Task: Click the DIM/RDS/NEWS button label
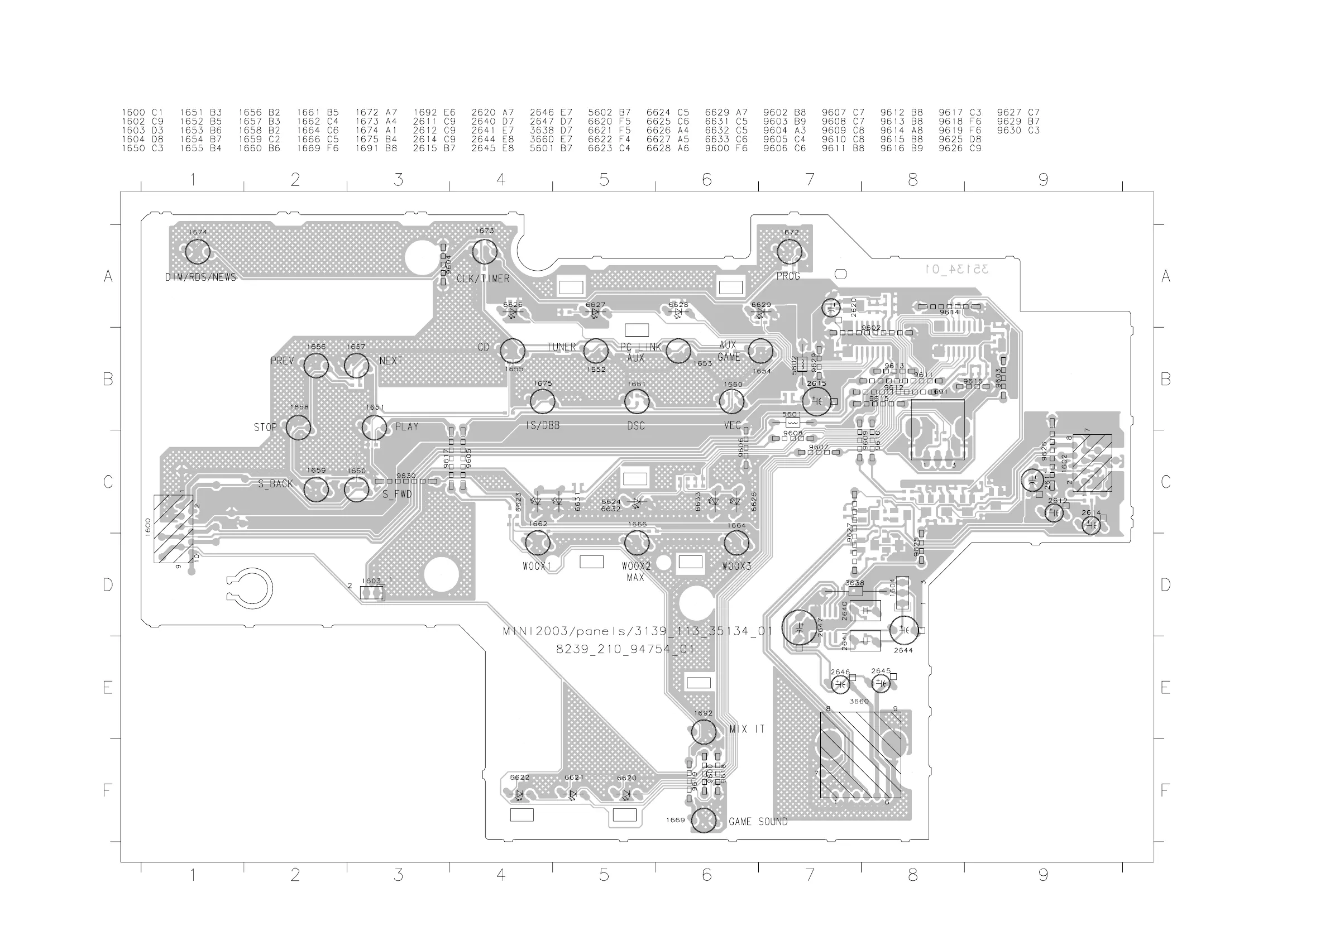[x=200, y=277]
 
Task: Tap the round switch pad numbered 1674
[x=198, y=252]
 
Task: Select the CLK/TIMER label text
[x=482, y=279]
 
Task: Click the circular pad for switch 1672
[x=789, y=252]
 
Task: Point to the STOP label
[x=265, y=428]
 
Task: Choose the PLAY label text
[x=406, y=427]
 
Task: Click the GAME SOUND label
[x=758, y=822]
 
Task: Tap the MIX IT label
[x=747, y=730]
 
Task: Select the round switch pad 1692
[x=703, y=733]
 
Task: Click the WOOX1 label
[x=537, y=567]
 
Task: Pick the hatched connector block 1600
[x=173, y=529]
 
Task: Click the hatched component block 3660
[x=860, y=755]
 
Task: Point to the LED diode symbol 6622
[x=520, y=795]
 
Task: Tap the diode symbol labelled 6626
[x=513, y=313]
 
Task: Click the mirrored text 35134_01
[x=956, y=269]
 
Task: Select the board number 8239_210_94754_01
[x=624, y=649]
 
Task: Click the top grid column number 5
[x=604, y=180]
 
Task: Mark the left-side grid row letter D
[x=108, y=585]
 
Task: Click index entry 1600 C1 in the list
[x=142, y=112]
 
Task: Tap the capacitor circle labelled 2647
[x=800, y=629]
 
